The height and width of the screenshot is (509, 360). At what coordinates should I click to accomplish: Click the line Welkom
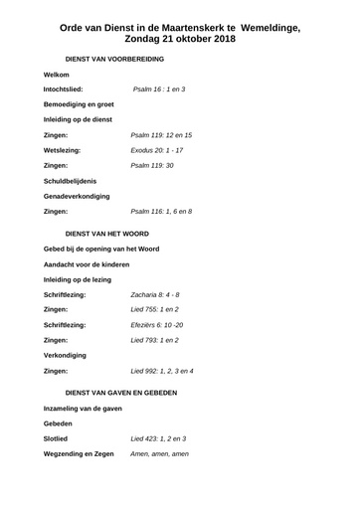click(58, 76)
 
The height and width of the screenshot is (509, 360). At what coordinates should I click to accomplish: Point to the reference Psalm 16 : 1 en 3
click(158, 89)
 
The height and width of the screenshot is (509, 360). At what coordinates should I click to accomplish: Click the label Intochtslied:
click(70, 89)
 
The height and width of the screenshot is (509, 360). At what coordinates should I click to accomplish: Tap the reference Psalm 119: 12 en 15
click(161, 134)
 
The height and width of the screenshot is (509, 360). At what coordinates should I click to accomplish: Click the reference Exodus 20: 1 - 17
click(157, 149)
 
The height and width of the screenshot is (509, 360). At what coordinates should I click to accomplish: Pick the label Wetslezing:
click(66, 149)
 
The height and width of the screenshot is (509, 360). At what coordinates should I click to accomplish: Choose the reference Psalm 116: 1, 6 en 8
click(161, 212)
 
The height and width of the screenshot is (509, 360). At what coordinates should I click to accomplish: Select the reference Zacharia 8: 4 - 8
click(155, 296)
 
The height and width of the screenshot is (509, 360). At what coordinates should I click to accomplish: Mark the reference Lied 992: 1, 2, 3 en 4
click(162, 371)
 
